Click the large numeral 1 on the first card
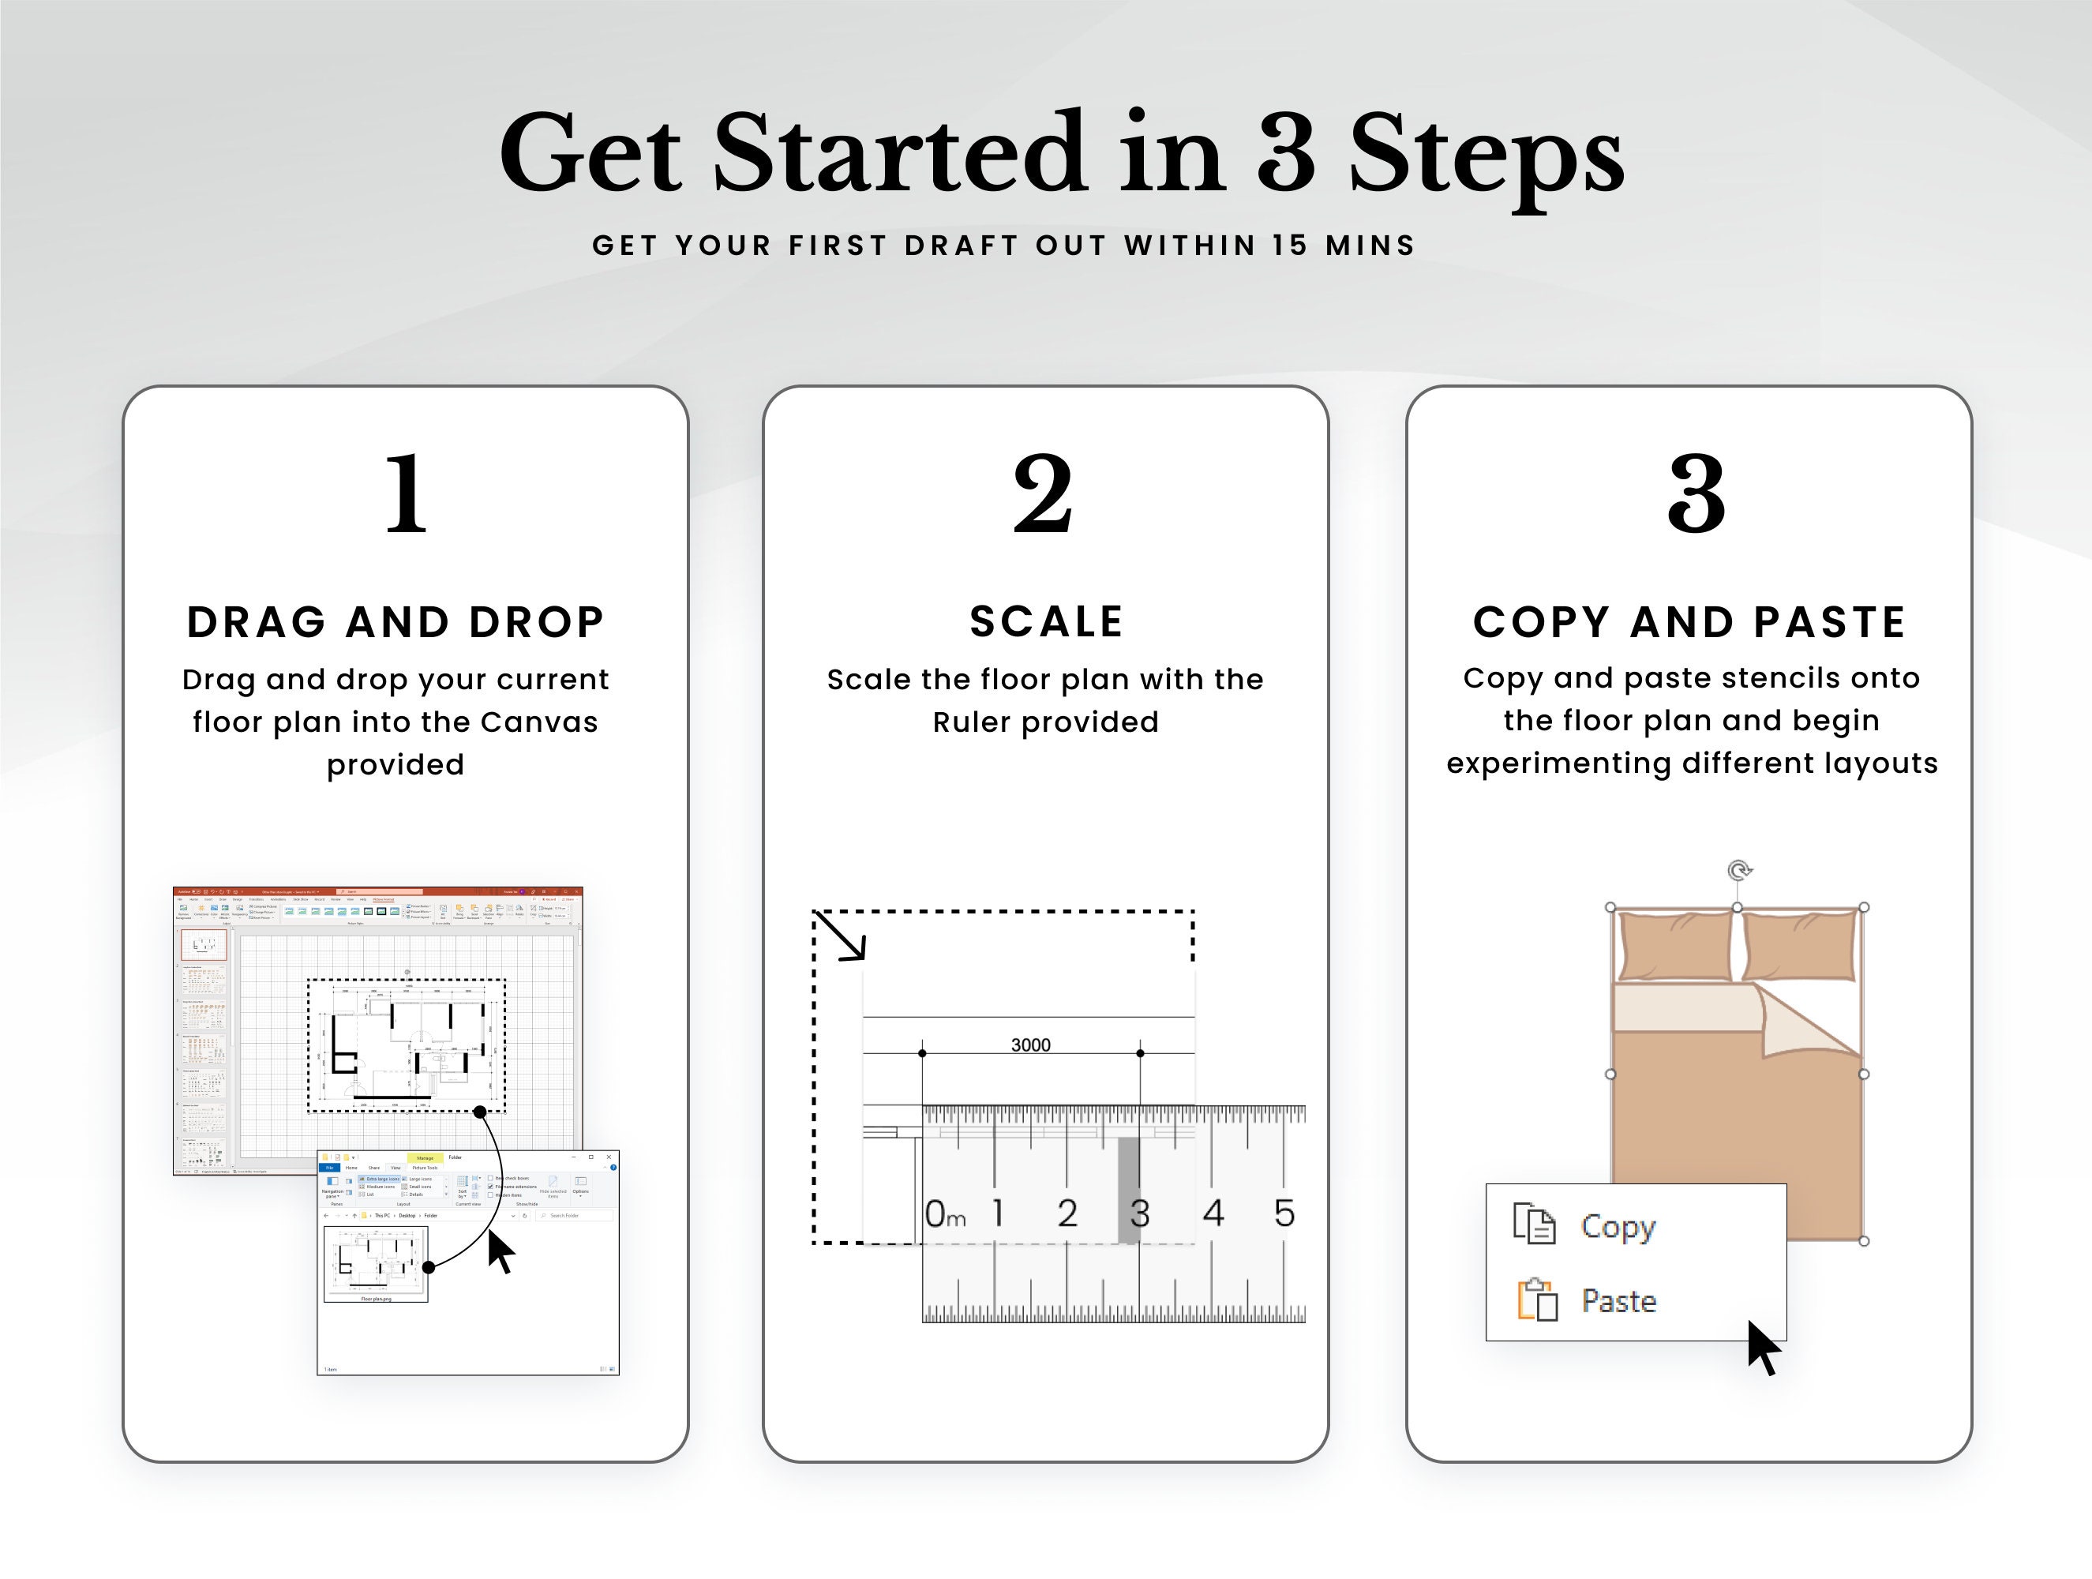coord(407,494)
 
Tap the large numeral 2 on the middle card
coord(1043,494)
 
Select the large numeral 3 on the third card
coord(1696,494)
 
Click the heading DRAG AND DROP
coord(396,622)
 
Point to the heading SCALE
coord(1046,621)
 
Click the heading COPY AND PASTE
coord(1689,622)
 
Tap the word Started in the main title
coord(898,153)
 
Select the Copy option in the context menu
coord(1618,1227)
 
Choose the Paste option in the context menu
coord(1618,1302)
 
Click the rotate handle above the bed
coord(1739,869)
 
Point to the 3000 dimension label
coord(1030,1045)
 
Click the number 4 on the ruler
coord(1213,1213)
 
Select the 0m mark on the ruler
coord(944,1213)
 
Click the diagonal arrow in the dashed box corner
coord(840,936)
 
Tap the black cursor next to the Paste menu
coord(1762,1348)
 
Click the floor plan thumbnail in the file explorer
coord(376,1262)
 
